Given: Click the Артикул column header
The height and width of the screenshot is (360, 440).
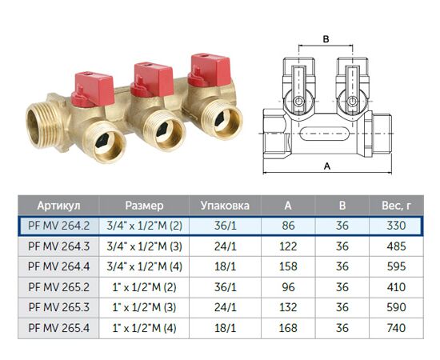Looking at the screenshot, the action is [58, 206].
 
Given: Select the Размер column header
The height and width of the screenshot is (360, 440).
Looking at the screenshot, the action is [144, 206].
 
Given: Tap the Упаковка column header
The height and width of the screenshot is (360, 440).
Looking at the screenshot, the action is [225, 206].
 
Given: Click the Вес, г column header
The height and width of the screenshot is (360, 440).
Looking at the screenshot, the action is [396, 206].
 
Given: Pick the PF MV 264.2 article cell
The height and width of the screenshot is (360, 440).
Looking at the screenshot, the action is [58, 226].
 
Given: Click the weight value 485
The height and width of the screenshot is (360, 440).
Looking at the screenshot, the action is [396, 246].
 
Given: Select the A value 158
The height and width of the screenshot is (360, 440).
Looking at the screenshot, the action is [288, 266].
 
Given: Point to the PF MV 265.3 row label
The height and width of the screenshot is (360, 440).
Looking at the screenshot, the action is [58, 307].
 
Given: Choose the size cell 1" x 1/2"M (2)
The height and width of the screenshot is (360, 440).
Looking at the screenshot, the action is [144, 287].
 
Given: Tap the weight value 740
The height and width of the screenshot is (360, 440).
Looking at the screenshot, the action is [396, 328].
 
